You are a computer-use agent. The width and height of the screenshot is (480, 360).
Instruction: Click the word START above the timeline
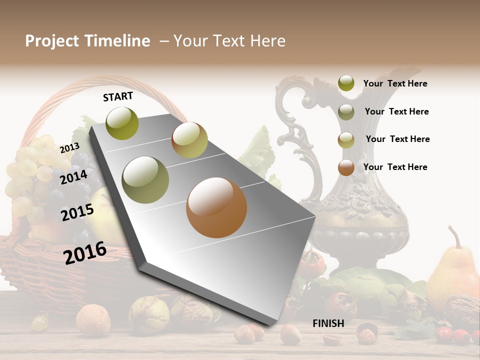tap(118, 96)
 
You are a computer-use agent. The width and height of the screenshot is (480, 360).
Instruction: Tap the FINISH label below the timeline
tap(328, 323)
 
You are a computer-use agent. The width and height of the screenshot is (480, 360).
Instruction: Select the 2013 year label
tap(69, 148)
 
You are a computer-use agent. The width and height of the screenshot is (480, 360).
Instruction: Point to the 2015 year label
tap(77, 212)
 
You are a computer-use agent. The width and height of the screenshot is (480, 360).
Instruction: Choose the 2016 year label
tap(85, 252)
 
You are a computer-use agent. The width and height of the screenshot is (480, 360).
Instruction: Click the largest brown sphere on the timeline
tap(216, 207)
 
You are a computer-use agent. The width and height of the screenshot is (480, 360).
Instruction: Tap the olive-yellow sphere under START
tap(122, 123)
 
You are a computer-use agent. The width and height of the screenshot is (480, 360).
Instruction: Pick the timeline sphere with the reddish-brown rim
tap(189, 140)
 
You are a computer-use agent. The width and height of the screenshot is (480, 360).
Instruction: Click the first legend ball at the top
tap(346, 83)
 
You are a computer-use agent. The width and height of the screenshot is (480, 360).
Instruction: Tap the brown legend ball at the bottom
tap(346, 167)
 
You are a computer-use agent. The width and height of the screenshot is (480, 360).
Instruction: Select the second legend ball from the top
tap(346, 112)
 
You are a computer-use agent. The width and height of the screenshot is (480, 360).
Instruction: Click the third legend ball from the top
tap(346, 140)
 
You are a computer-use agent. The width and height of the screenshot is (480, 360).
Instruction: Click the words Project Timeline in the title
tap(87, 41)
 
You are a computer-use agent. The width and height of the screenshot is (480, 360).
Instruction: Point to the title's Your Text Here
tap(229, 41)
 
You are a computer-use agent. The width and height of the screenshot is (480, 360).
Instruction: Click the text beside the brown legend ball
tap(395, 167)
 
